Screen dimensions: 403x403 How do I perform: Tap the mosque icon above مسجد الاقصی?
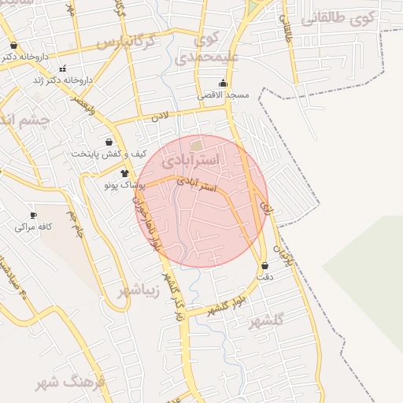(x=223, y=83)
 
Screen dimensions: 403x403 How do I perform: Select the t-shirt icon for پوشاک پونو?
(x=124, y=172)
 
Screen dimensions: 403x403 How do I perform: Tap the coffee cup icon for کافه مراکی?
(x=33, y=215)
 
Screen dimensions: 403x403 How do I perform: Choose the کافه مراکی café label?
(x=34, y=227)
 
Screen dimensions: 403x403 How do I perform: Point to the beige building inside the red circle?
(x=196, y=146)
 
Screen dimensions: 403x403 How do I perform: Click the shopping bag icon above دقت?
(x=264, y=266)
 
